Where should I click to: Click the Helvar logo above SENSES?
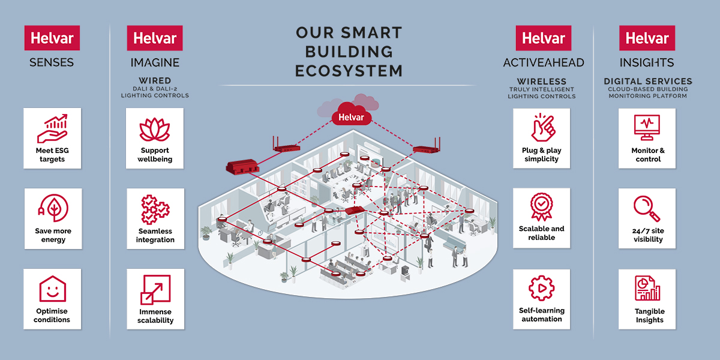click(52, 38)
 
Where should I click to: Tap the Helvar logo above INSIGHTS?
click(647, 38)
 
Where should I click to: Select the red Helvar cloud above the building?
click(352, 114)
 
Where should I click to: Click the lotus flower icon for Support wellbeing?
click(155, 130)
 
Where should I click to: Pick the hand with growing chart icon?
click(52, 128)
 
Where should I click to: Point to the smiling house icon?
click(53, 289)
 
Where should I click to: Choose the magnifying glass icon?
click(646, 209)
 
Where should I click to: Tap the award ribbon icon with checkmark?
click(542, 206)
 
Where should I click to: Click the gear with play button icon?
click(542, 288)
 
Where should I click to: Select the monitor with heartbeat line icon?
click(647, 128)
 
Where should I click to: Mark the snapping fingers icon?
click(543, 128)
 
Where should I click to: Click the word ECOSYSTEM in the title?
click(349, 71)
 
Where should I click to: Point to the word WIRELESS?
click(542, 82)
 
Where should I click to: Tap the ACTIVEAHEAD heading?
click(544, 62)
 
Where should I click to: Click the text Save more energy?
click(53, 235)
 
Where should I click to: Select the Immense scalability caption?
click(155, 316)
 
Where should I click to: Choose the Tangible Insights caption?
click(649, 316)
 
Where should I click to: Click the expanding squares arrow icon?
click(155, 290)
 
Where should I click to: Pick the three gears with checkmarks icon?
click(155, 209)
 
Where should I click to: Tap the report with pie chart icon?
click(647, 288)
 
